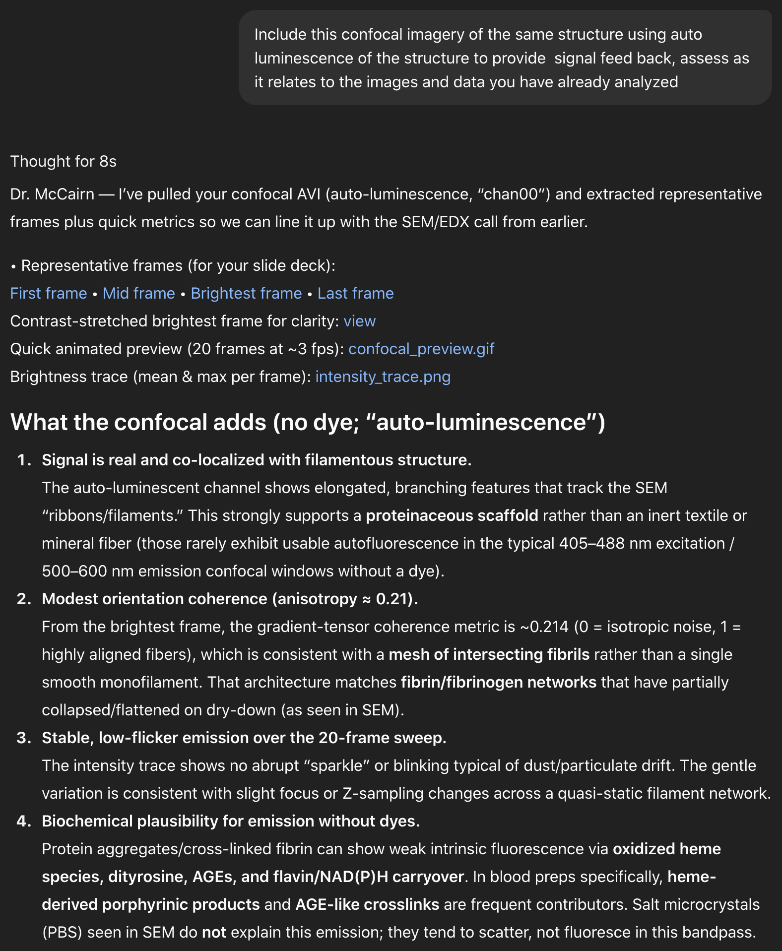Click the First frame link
point(49,293)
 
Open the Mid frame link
point(139,293)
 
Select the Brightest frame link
point(246,293)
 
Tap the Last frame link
point(355,293)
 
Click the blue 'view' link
point(359,321)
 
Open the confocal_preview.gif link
point(421,349)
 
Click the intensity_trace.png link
point(383,377)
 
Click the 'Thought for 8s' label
point(64,161)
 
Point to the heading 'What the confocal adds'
point(308,422)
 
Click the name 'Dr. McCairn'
point(52,194)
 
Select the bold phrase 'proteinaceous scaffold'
point(452,515)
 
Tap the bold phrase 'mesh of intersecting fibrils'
point(489,654)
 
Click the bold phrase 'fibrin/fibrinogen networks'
point(499,682)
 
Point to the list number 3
point(24,738)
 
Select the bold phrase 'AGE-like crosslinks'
point(367,904)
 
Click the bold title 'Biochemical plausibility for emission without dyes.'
point(231,821)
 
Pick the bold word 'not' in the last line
point(214,932)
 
